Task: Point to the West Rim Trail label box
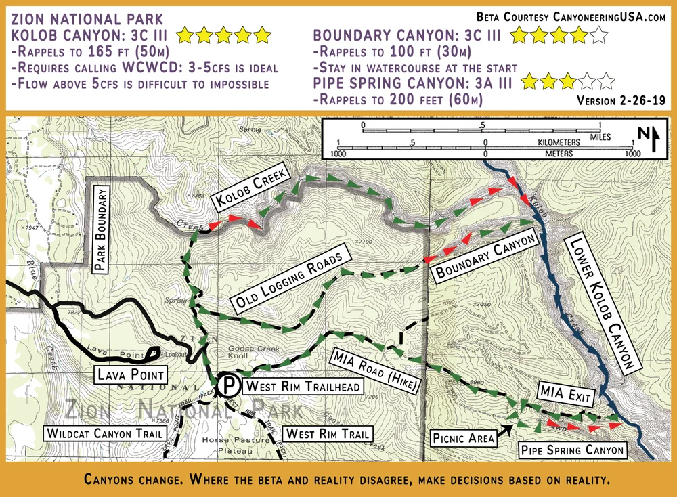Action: pyautogui.click(x=327, y=433)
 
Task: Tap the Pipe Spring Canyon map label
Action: pyautogui.click(x=572, y=449)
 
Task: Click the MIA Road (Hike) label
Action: pyautogui.click(x=376, y=370)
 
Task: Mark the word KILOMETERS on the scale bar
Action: pyautogui.click(x=560, y=143)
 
